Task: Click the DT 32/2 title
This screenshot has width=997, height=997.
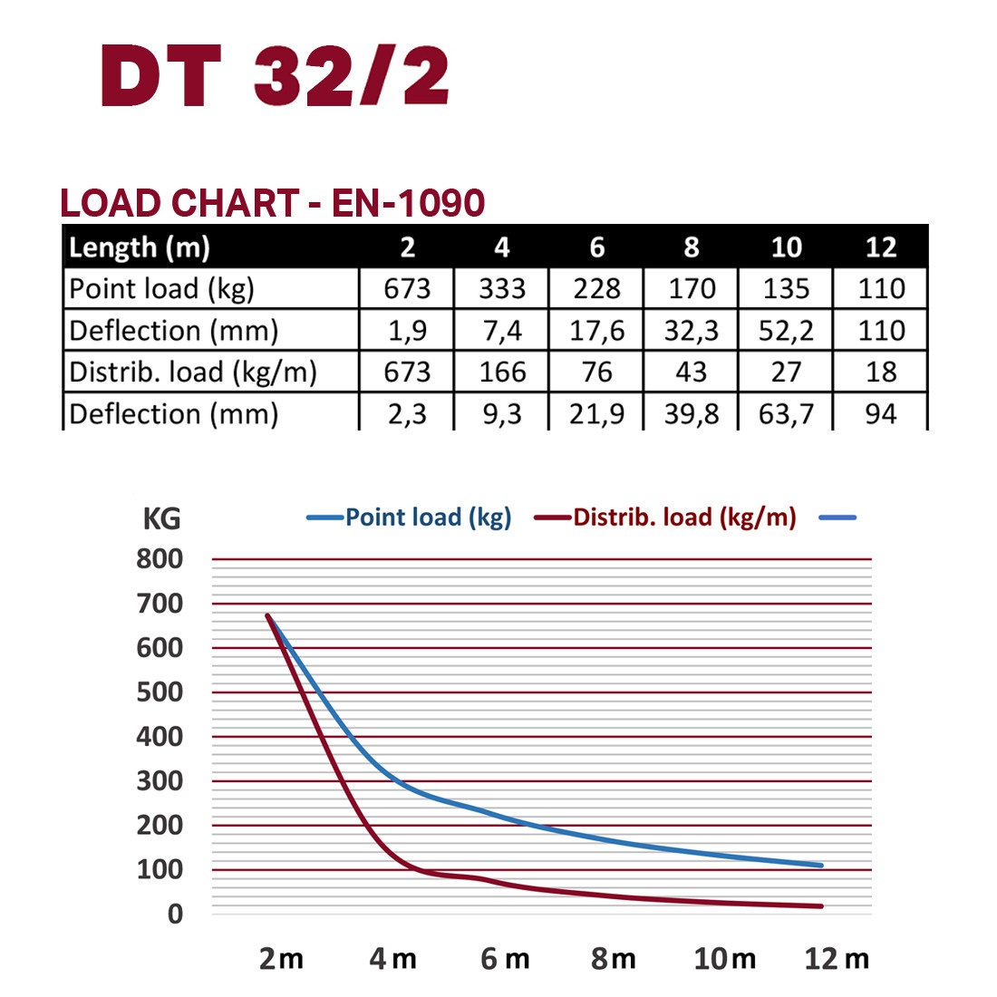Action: pos(275,76)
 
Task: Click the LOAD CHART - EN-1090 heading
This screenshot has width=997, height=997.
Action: pos(272,203)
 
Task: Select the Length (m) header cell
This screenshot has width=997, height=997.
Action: pos(140,247)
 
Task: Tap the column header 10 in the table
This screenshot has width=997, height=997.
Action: pos(785,247)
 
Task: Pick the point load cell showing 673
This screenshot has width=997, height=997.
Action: pos(407,288)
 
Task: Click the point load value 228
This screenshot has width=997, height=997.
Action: pos(596,288)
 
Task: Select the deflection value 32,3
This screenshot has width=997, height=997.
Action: pos(691,330)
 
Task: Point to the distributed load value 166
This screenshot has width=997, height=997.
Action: pos(502,372)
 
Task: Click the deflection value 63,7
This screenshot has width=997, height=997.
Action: pos(785,413)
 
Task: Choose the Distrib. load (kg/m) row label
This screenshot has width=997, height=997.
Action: pos(193,372)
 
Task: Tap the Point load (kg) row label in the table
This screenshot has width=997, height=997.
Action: pos(161,288)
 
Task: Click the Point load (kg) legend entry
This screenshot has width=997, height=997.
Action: pos(427,518)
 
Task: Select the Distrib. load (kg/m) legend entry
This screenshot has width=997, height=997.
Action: pos(683,518)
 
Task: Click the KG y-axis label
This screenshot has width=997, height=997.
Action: pos(161,518)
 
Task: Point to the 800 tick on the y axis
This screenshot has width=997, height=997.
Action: pos(160,559)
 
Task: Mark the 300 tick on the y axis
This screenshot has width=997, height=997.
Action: pos(160,780)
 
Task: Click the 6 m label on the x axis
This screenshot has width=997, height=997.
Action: pos(505,959)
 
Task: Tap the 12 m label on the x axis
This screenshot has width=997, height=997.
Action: pos(836,959)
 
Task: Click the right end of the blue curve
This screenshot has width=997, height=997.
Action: pos(820,865)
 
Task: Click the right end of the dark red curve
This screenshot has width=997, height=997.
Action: pos(820,905)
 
